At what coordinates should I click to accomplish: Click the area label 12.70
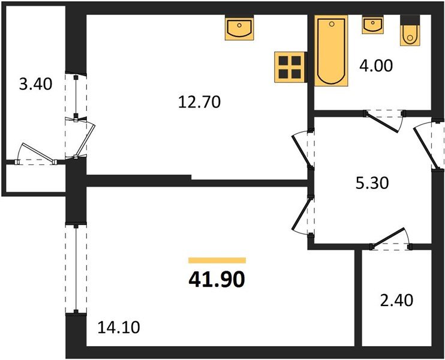[200, 102]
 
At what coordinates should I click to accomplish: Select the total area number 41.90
[217, 280]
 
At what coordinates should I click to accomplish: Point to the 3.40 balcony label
[35, 84]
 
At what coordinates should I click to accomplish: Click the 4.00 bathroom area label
[377, 65]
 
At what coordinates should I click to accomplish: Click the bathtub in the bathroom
[330, 52]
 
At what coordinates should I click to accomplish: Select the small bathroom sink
[372, 26]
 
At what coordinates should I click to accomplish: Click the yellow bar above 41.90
[217, 260]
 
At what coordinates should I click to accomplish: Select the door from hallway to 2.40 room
[390, 240]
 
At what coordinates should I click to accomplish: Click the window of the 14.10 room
[76, 269]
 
